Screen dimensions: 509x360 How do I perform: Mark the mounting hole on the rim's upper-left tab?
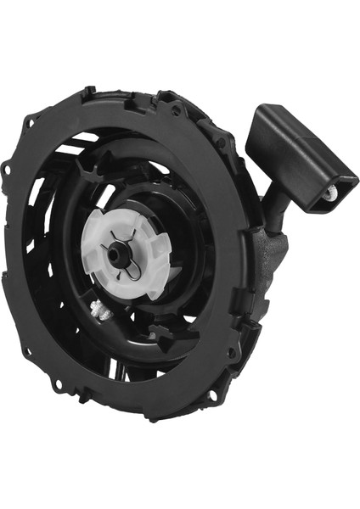tap(31, 122)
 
